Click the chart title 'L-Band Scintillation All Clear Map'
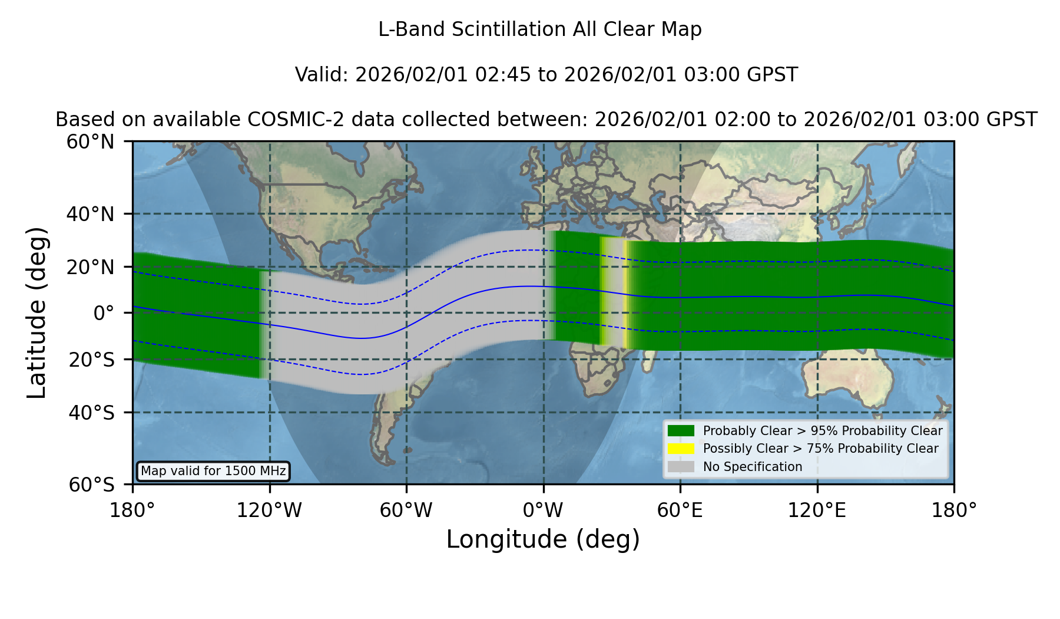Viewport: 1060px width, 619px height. coord(539,29)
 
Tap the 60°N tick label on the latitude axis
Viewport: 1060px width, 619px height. coord(91,141)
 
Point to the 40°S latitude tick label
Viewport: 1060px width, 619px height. coord(91,413)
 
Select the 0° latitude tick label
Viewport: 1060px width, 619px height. coord(104,312)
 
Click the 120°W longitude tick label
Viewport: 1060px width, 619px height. coord(269,510)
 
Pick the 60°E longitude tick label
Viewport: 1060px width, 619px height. coord(680,510)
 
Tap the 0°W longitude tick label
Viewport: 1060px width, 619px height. coord(543,510)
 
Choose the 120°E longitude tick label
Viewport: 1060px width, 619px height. coord(817,510)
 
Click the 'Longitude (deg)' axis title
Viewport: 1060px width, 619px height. coord(543,539)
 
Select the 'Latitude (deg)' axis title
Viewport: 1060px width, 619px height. coord(37,312)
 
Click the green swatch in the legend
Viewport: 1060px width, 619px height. coord(681,430)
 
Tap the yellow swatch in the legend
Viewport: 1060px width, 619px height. coord(681,448)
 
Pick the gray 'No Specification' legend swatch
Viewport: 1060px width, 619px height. coord(681,466)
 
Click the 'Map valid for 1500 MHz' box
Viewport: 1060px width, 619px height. coord(213,471)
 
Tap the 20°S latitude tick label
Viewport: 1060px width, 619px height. coord(91,359)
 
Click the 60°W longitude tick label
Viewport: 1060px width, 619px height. coord(406,510)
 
